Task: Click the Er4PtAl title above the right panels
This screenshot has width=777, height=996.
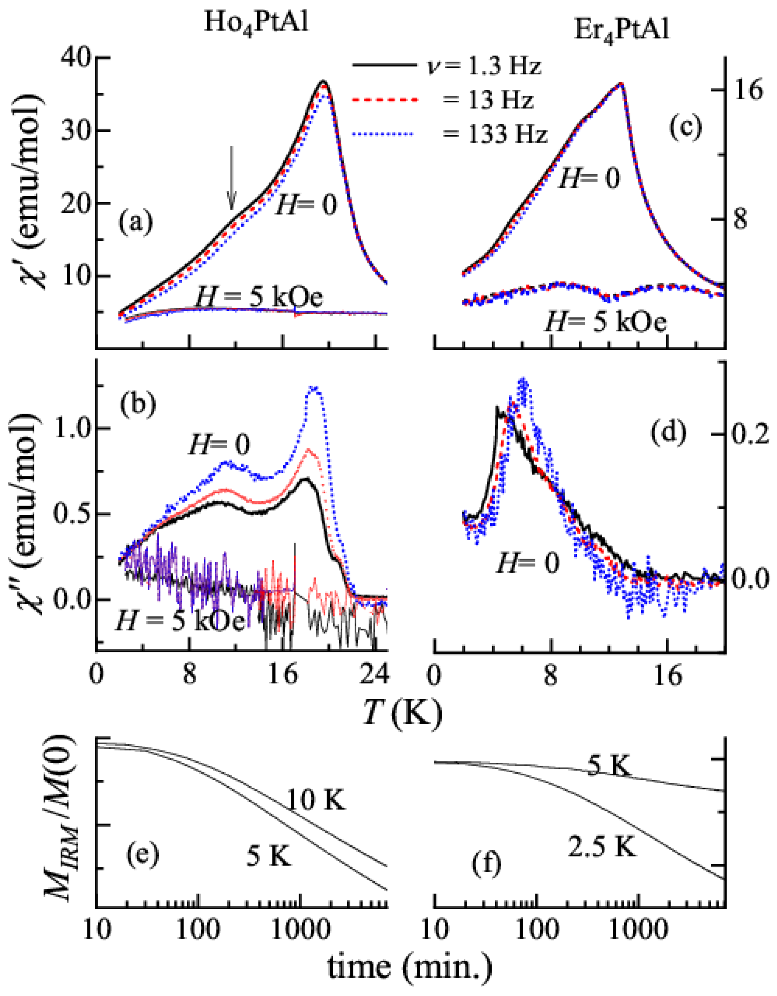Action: point(621,31)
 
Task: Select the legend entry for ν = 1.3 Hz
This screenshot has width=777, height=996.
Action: point(447,66)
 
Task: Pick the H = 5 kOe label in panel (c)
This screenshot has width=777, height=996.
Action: point(605,323)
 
